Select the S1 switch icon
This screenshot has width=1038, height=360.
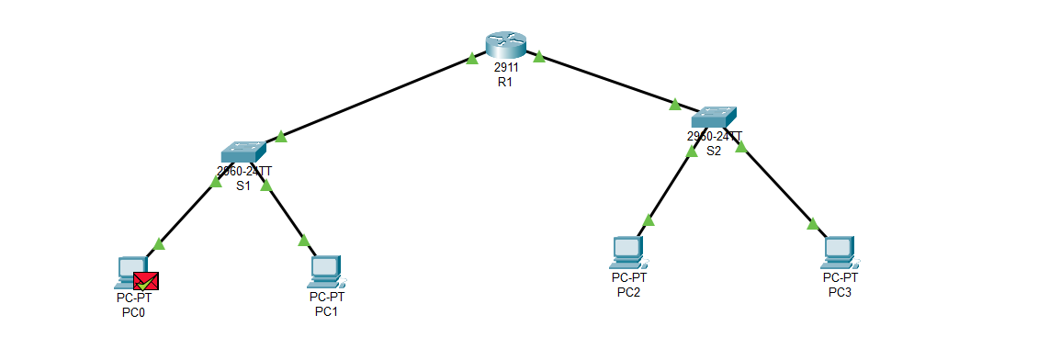(243, 152)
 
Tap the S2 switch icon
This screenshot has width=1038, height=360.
(714, 118)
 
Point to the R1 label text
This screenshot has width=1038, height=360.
(504, 82)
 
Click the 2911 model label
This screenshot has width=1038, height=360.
(505, 68)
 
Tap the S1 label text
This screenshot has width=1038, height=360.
(243, 185)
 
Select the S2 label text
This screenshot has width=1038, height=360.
(714, 151)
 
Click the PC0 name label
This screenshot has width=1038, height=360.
(134, 312)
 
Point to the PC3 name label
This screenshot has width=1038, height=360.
(840, 292)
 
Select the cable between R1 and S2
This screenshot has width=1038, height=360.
(606, 79)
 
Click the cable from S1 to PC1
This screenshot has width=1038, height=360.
(286, 214)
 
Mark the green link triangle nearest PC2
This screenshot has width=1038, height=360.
(649, 219)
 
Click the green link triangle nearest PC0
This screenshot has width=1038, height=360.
(159, 243)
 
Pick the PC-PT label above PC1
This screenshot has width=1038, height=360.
(326, 297)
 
